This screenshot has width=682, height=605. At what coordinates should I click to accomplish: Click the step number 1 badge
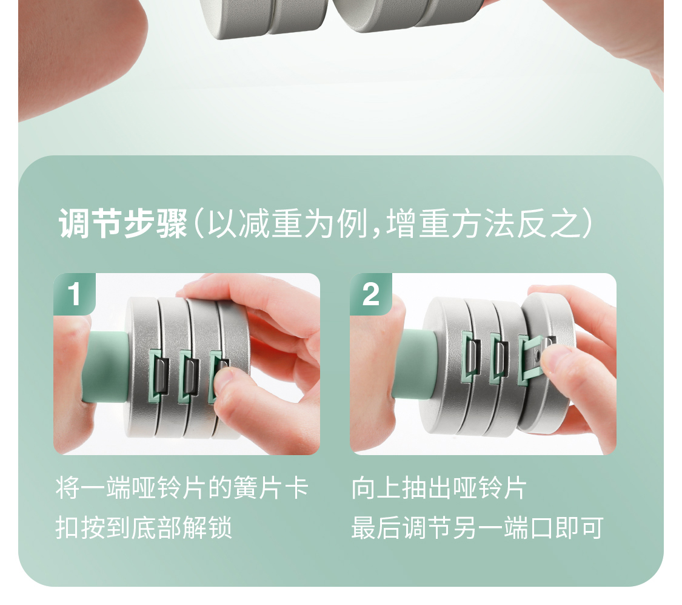[x=75, y=294]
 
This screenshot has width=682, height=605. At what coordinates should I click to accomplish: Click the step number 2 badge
[x=370, y=294]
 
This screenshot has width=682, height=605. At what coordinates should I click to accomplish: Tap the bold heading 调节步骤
[x=124, y=223]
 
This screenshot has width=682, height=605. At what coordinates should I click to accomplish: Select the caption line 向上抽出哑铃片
[x=440, y=488]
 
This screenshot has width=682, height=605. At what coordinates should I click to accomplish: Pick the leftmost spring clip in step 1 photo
[x=159, y=375]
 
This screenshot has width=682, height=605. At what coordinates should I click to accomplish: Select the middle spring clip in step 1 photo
[x=189, y=376]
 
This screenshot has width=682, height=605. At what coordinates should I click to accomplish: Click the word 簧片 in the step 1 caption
[x=258, y=488]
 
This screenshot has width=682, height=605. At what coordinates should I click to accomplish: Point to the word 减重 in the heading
[x=254, y=223]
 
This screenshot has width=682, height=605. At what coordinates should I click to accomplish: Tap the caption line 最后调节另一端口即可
[x=478, y=528]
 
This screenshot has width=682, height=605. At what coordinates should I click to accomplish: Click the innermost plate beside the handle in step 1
[x=141, y=367]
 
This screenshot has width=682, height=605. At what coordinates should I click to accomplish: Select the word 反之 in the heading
[x=549, y=223]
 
